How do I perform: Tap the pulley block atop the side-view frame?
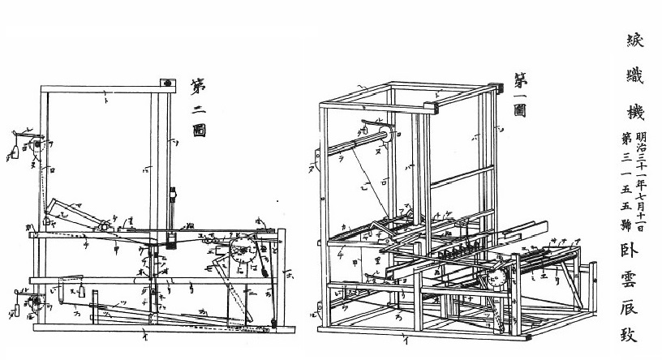(167, 82)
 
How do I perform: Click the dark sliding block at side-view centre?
(172, 240)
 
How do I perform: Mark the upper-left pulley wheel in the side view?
(35, 147)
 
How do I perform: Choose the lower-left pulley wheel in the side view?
(35, 303)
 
